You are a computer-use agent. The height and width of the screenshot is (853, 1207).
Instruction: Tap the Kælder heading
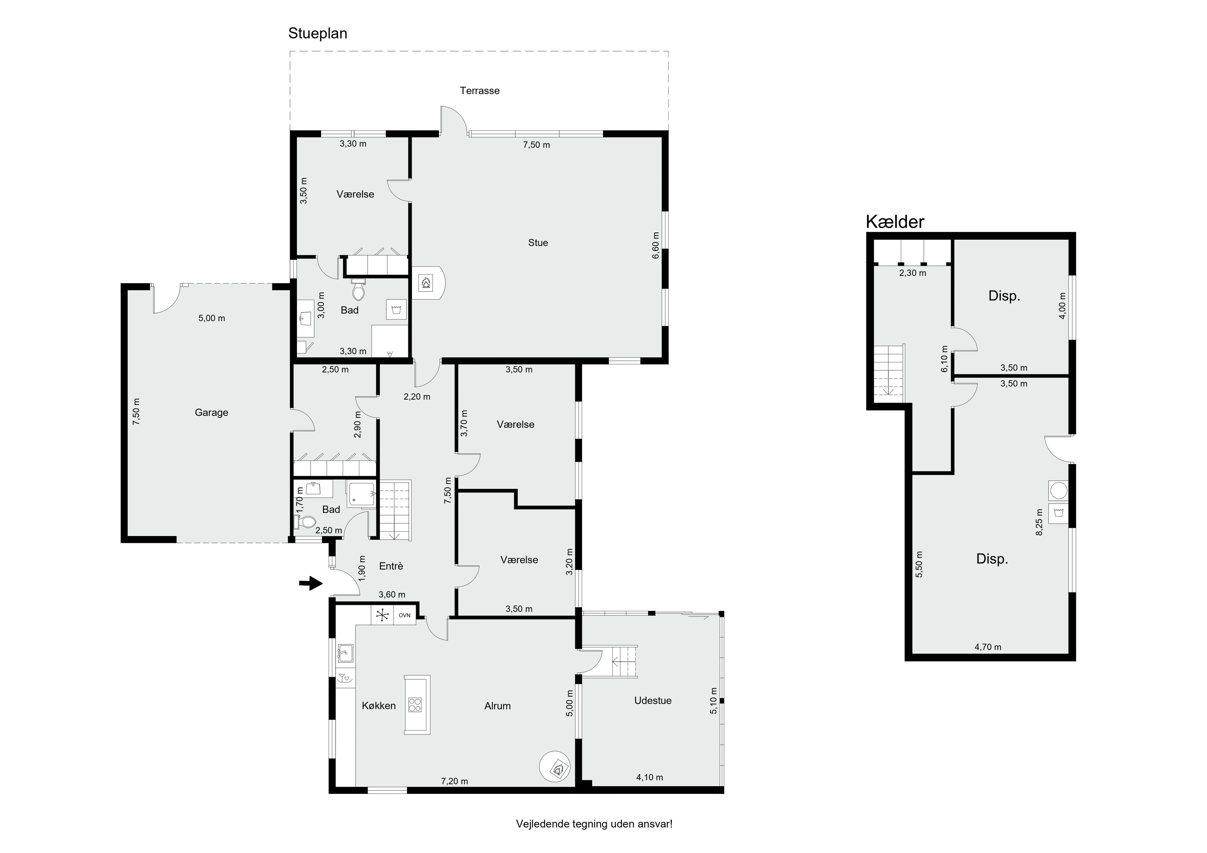895,222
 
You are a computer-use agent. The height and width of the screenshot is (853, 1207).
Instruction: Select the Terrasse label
480,90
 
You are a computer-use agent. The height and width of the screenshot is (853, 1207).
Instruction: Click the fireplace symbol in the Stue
425,284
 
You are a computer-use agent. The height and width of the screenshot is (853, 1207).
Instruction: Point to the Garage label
211,413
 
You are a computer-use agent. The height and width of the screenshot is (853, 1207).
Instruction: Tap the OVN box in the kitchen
404,615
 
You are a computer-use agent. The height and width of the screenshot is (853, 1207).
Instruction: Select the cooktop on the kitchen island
415,704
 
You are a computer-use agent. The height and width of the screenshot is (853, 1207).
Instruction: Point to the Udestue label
653,701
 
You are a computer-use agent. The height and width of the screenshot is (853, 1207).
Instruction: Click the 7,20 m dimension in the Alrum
455,781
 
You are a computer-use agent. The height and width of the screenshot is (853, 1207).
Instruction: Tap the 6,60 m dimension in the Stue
655,245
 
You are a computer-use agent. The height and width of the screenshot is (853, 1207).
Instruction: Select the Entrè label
391,566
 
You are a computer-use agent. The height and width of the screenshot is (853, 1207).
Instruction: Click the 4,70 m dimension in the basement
988,647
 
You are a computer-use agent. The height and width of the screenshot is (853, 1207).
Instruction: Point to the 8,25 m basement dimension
1039,522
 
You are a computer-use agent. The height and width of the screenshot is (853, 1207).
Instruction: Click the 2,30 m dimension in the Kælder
912,273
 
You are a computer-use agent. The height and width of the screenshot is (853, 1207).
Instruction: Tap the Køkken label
379,706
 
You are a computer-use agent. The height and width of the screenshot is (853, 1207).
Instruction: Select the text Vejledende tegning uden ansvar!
594,824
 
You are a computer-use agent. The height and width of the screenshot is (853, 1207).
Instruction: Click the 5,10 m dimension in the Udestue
713,701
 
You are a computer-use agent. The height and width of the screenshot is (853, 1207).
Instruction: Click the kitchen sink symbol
345,653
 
